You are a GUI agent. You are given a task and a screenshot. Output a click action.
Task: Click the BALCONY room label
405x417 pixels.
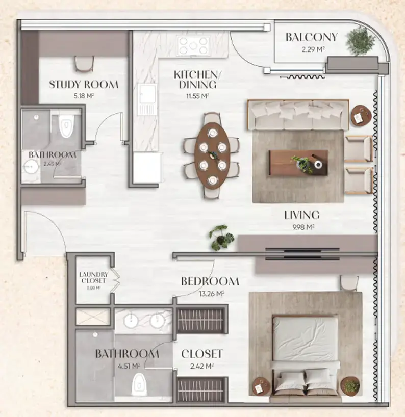tap(311, 37)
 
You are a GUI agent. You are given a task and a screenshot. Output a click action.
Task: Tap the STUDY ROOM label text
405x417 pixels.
tap(84, 85)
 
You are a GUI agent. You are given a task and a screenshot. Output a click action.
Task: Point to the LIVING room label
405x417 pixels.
tap(301, 215)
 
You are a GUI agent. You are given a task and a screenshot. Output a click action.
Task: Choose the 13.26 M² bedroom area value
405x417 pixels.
tap(210, 293)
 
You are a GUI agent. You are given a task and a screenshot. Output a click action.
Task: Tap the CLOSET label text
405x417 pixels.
tap(202, 353)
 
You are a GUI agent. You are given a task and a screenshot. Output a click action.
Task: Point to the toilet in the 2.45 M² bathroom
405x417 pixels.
tap(66, 126)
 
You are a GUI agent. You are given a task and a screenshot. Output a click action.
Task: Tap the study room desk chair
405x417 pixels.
tap(84, 63)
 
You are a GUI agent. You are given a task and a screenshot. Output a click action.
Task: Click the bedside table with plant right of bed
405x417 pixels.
tap(350, 386)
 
